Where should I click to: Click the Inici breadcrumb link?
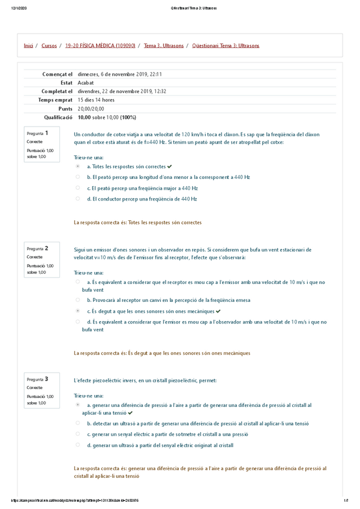tap(28, 46)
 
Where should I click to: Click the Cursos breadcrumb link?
tap(49, 46)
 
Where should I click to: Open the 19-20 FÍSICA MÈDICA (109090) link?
tap(100, 46)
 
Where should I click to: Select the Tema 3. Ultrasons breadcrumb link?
tap(164, 46)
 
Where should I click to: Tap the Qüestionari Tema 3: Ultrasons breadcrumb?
tap(226, 46)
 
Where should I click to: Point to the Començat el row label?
tap(57, 74)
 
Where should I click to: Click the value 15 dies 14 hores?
tap(96, 100)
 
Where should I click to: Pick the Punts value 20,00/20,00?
tap(91, 109)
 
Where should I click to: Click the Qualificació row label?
tap(56, 118)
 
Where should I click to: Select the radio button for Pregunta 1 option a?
tap(77, 166)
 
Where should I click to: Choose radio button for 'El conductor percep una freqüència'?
tap(77, 199)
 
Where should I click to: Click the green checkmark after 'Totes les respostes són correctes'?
tap(170, 166)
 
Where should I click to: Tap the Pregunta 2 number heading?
tap(38, 248)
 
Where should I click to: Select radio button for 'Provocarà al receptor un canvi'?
tap(77, 300)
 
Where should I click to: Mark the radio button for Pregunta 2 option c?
tap(77, 311)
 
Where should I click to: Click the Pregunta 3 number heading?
tap(38, 379)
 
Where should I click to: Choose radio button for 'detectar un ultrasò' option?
tap(77, 423)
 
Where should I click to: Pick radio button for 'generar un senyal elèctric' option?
tap(77, 434)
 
